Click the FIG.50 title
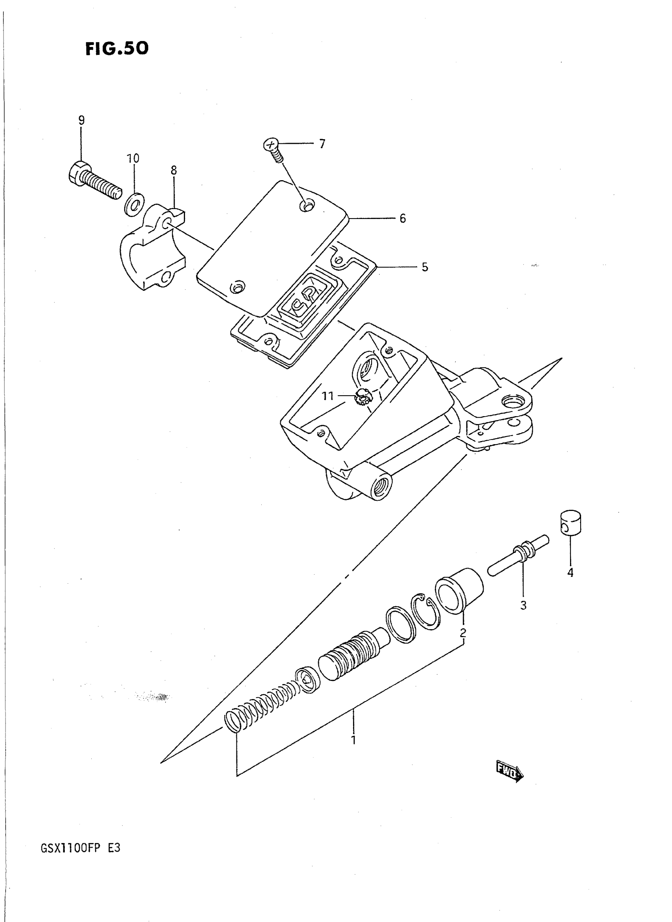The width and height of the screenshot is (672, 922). [117, 48]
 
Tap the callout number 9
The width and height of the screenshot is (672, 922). [81, 121]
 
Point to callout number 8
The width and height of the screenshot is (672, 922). [174, 170]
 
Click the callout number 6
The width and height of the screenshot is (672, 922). [402, 219]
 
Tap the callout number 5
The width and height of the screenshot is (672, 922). [425, 267]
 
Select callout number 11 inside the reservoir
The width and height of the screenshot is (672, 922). [328, 396]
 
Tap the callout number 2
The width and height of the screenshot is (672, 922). [463, 632]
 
